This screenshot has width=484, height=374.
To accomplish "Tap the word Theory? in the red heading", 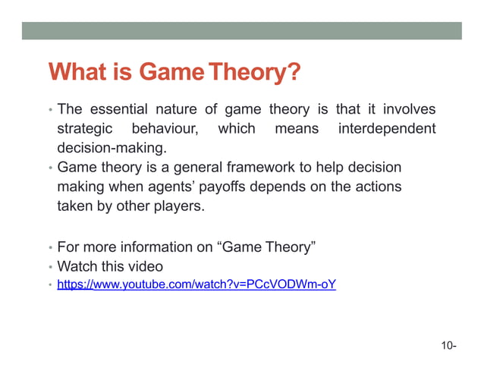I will [x=255, y=74].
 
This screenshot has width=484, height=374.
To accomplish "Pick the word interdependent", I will [x=387, y=129].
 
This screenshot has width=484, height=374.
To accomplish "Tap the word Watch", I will [x=78, y=266].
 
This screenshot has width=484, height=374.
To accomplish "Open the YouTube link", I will [x=196, y=285].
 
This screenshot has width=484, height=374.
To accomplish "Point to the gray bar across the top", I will [x=241, y=30].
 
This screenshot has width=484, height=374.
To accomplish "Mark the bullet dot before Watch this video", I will [x=50, y=267].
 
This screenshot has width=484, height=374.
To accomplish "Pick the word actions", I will [x=379, y=185].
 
